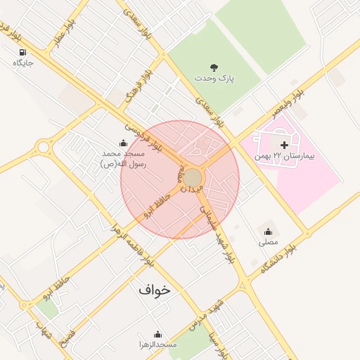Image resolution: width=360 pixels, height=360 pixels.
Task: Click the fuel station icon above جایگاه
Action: (23, 53)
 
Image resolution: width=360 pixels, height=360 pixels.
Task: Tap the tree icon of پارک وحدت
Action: (214, 67)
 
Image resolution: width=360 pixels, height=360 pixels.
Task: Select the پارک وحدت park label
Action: (214, 78)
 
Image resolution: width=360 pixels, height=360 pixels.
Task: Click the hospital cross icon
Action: (284, 144)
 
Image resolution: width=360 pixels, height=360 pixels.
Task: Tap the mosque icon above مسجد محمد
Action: (123, 143)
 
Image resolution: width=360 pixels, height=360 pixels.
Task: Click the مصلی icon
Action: (268, 231)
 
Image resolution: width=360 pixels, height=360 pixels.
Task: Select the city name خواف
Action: (154, 289)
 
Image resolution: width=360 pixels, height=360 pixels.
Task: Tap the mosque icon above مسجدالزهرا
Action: (157, 334)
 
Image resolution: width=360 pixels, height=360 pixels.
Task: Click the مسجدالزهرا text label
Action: (157, 346)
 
